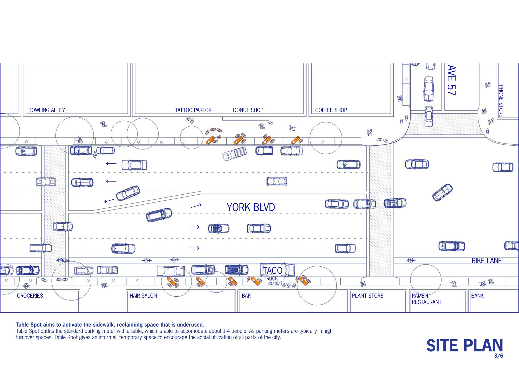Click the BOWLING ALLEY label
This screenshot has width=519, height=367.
pos(47,110)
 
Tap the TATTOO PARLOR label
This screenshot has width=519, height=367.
pos(193,110)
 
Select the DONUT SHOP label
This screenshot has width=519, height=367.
pos(248,110)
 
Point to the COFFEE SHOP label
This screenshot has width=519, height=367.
pos(331,110)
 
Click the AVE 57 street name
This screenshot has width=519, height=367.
pos(452,80)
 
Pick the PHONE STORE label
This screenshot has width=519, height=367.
pos(501,101)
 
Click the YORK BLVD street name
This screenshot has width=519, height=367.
pos(251,207)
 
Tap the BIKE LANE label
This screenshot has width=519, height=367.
pos(487,261)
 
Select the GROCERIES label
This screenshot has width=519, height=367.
pos(30,296)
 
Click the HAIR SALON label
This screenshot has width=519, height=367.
pos(143,296)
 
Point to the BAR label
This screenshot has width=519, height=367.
pos(246,296)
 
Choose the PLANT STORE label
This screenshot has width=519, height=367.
pos(367,296)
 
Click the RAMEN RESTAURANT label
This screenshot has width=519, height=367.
pos(427,299)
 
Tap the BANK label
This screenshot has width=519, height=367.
pos(477,296)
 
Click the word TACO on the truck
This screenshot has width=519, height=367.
pos(273,270)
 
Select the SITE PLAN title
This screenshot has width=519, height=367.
pos(465,345)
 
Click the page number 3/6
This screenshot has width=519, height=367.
pos(498,356)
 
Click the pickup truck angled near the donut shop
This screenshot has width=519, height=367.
pos(235,153)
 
